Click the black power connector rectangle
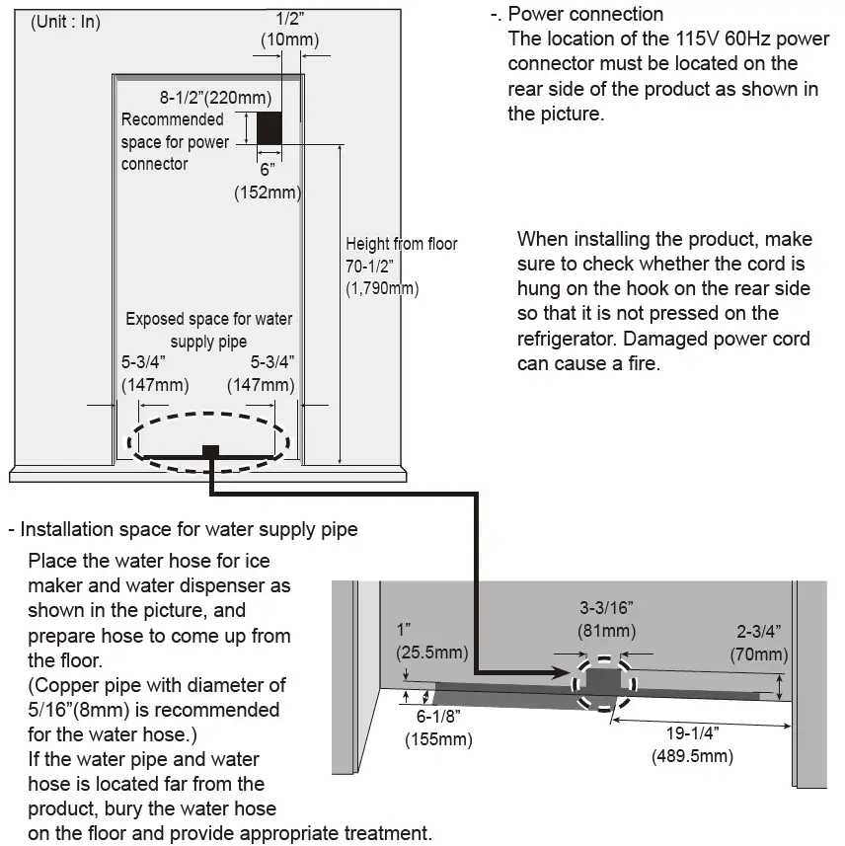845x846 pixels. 269,127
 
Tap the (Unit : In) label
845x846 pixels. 66,22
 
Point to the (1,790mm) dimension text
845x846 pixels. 382,289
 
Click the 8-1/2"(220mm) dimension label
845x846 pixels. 215,98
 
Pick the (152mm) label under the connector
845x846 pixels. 267,192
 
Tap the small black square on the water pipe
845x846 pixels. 209,451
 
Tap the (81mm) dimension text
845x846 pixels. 606,631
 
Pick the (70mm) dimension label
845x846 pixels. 759,654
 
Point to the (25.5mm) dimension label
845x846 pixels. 430,652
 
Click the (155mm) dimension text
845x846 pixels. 437,738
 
